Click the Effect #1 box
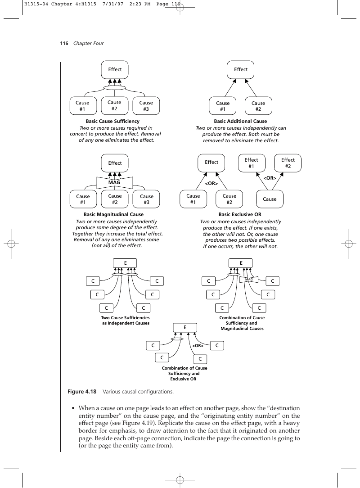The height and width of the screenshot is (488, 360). tap(252, 163)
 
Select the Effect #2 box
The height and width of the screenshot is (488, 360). tap(288, 163)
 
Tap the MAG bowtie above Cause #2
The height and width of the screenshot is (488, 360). tap(114, 182)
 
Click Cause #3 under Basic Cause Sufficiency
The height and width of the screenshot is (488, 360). tap(146, 106)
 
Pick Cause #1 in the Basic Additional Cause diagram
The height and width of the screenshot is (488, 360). tap(223, 106)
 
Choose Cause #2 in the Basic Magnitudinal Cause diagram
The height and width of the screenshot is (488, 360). tap(115, 199)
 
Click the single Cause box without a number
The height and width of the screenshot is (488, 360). tap(270, 199)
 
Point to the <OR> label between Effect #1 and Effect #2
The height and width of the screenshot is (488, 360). tap(270, 178)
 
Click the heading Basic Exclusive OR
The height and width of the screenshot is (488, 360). tap(240, 214)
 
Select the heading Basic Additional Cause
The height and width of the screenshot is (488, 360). tap(240, 121)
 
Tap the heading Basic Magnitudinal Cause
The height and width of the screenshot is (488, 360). tap(113, 214)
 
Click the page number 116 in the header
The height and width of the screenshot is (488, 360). tap(64, 43)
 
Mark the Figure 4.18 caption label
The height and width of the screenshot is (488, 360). tap(82, 392)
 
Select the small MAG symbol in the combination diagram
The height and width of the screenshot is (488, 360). tap(249, 280)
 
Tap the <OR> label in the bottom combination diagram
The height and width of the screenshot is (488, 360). tap(198, 345)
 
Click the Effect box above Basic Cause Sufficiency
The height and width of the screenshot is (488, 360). tap(115, 70)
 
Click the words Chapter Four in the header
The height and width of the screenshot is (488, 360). tap(88, 43)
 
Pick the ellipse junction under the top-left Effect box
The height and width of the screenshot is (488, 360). tap(114, 88)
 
